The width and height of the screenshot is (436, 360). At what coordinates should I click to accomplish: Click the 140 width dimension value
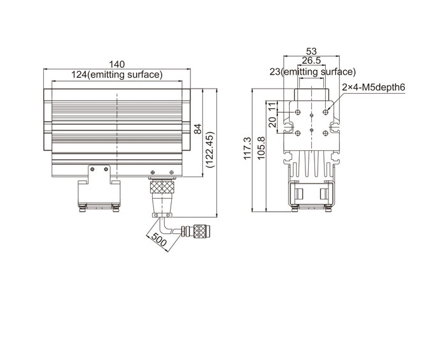(116, 64)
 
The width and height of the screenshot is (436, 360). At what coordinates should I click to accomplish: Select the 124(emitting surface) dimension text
(116, 75)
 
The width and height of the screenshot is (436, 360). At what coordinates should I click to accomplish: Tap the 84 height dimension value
(198, 129)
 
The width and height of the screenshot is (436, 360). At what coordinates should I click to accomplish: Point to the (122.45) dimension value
(210, 150)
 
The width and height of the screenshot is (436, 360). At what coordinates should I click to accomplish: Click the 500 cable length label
(158, 240)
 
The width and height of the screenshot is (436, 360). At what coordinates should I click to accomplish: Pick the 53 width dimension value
(311, 51)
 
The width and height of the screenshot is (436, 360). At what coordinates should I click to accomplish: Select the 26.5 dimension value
(311, 60)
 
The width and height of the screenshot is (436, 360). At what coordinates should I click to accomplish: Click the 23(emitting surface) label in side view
(313, 72)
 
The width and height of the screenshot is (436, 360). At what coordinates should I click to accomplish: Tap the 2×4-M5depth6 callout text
(374, 87)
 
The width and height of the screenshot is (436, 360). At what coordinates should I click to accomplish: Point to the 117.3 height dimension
(247, 148)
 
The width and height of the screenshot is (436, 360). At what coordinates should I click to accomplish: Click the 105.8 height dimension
(261, 148)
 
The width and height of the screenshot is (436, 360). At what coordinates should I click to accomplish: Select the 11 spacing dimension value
(273, 106)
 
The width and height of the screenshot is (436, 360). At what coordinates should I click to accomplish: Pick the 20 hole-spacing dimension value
(273, 122)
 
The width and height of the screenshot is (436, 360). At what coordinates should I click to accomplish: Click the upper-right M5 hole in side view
(325, 112)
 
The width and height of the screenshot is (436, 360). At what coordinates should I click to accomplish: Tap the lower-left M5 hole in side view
(298, 133)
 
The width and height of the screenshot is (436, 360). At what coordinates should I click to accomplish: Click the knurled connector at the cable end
(200, 231)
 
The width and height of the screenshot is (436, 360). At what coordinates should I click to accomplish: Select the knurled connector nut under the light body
(162, 187)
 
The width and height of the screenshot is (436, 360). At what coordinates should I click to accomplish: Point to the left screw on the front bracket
(92, 169)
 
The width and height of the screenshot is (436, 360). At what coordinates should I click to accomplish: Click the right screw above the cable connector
(172, 172)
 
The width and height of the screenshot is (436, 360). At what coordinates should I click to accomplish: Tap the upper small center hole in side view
(311, 115)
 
